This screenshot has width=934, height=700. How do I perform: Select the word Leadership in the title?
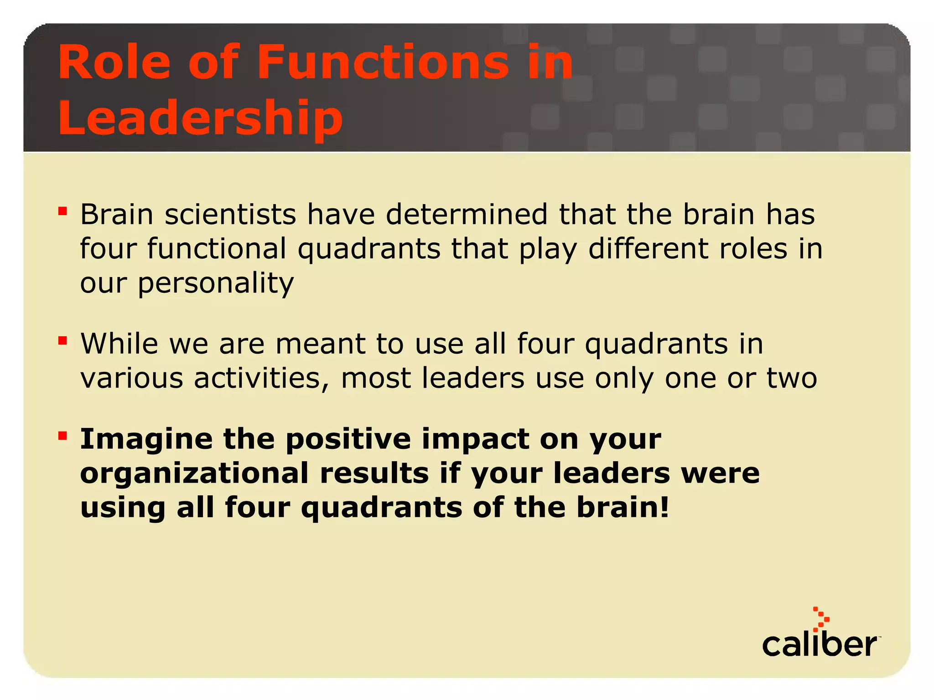[x=200, y=118]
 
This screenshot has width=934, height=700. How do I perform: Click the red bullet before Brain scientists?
[x=62, y=211]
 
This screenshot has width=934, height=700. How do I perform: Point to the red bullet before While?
[x=62, y=340]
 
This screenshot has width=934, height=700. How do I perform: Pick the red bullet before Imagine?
[x=62, y=436]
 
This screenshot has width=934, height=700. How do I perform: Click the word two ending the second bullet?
[x=792, y=378]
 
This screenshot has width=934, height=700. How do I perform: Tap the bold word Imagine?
[x=146, y=440]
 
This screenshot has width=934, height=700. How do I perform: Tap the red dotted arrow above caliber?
[x=821, y=619]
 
